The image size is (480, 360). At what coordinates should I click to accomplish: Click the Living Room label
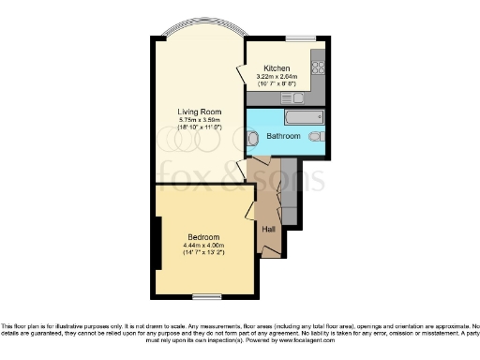click(197, 112)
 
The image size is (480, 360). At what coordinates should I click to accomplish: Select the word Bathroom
click(283, 136)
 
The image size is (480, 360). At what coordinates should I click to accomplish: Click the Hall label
click(268, 229)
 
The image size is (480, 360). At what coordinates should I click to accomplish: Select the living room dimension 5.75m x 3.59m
click(197, 120)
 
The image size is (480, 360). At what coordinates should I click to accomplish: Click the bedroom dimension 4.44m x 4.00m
click(204, 245)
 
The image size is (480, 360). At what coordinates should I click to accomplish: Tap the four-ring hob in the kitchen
click(318, 67)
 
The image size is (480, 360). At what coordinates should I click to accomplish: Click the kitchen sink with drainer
click(288, 97)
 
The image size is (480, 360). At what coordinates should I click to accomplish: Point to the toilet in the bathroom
click(317, 136)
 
